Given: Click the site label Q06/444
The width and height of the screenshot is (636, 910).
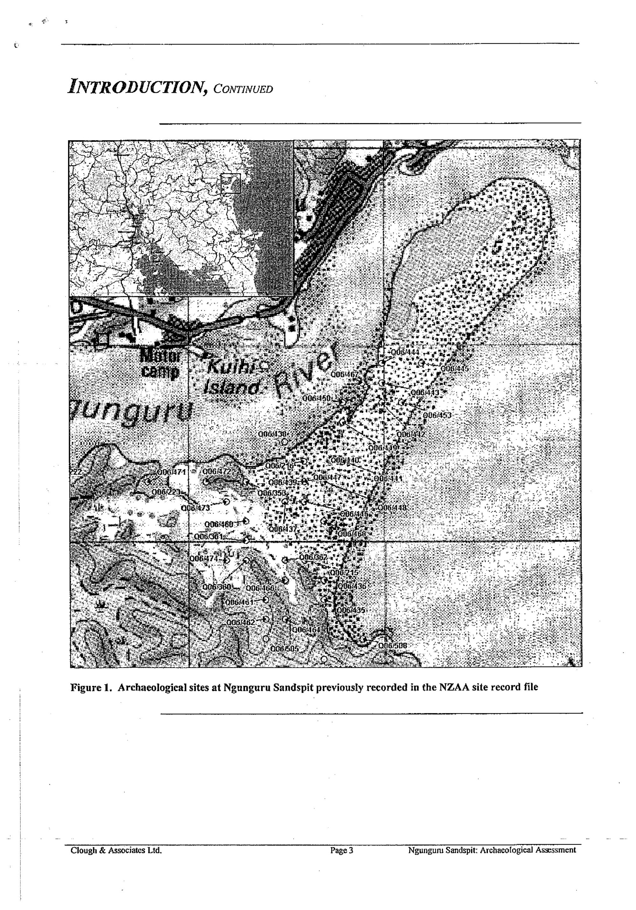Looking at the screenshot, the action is click(405, 352).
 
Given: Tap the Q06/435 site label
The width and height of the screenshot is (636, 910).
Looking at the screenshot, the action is click(351, 610).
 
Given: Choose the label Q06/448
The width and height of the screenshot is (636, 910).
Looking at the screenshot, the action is click(391, 508).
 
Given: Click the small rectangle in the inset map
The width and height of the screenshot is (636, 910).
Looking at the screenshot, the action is click(230, 183).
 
